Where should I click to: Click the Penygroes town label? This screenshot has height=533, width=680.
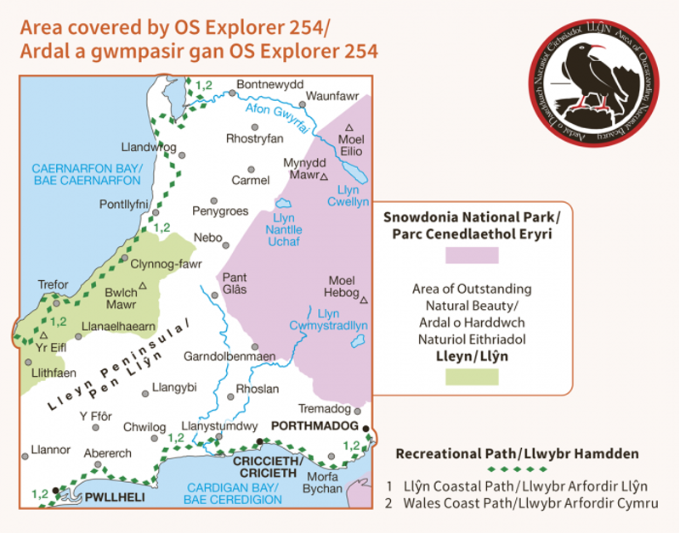click(220, 209)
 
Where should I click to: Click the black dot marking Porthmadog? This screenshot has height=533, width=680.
click(365, 429)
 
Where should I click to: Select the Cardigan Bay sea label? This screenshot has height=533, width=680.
click(233, 493)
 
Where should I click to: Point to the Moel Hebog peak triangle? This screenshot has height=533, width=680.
click(364, 300)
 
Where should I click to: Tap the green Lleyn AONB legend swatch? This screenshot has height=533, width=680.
click(471, 378)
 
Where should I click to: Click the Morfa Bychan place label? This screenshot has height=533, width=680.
click(322, 482)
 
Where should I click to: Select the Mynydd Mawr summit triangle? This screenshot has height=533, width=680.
click(323, 177)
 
